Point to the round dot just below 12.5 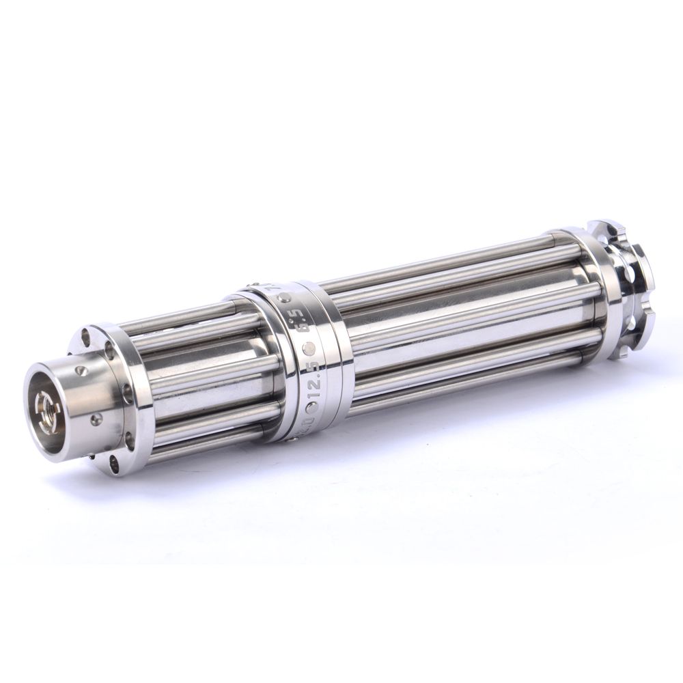tap(313, 408)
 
